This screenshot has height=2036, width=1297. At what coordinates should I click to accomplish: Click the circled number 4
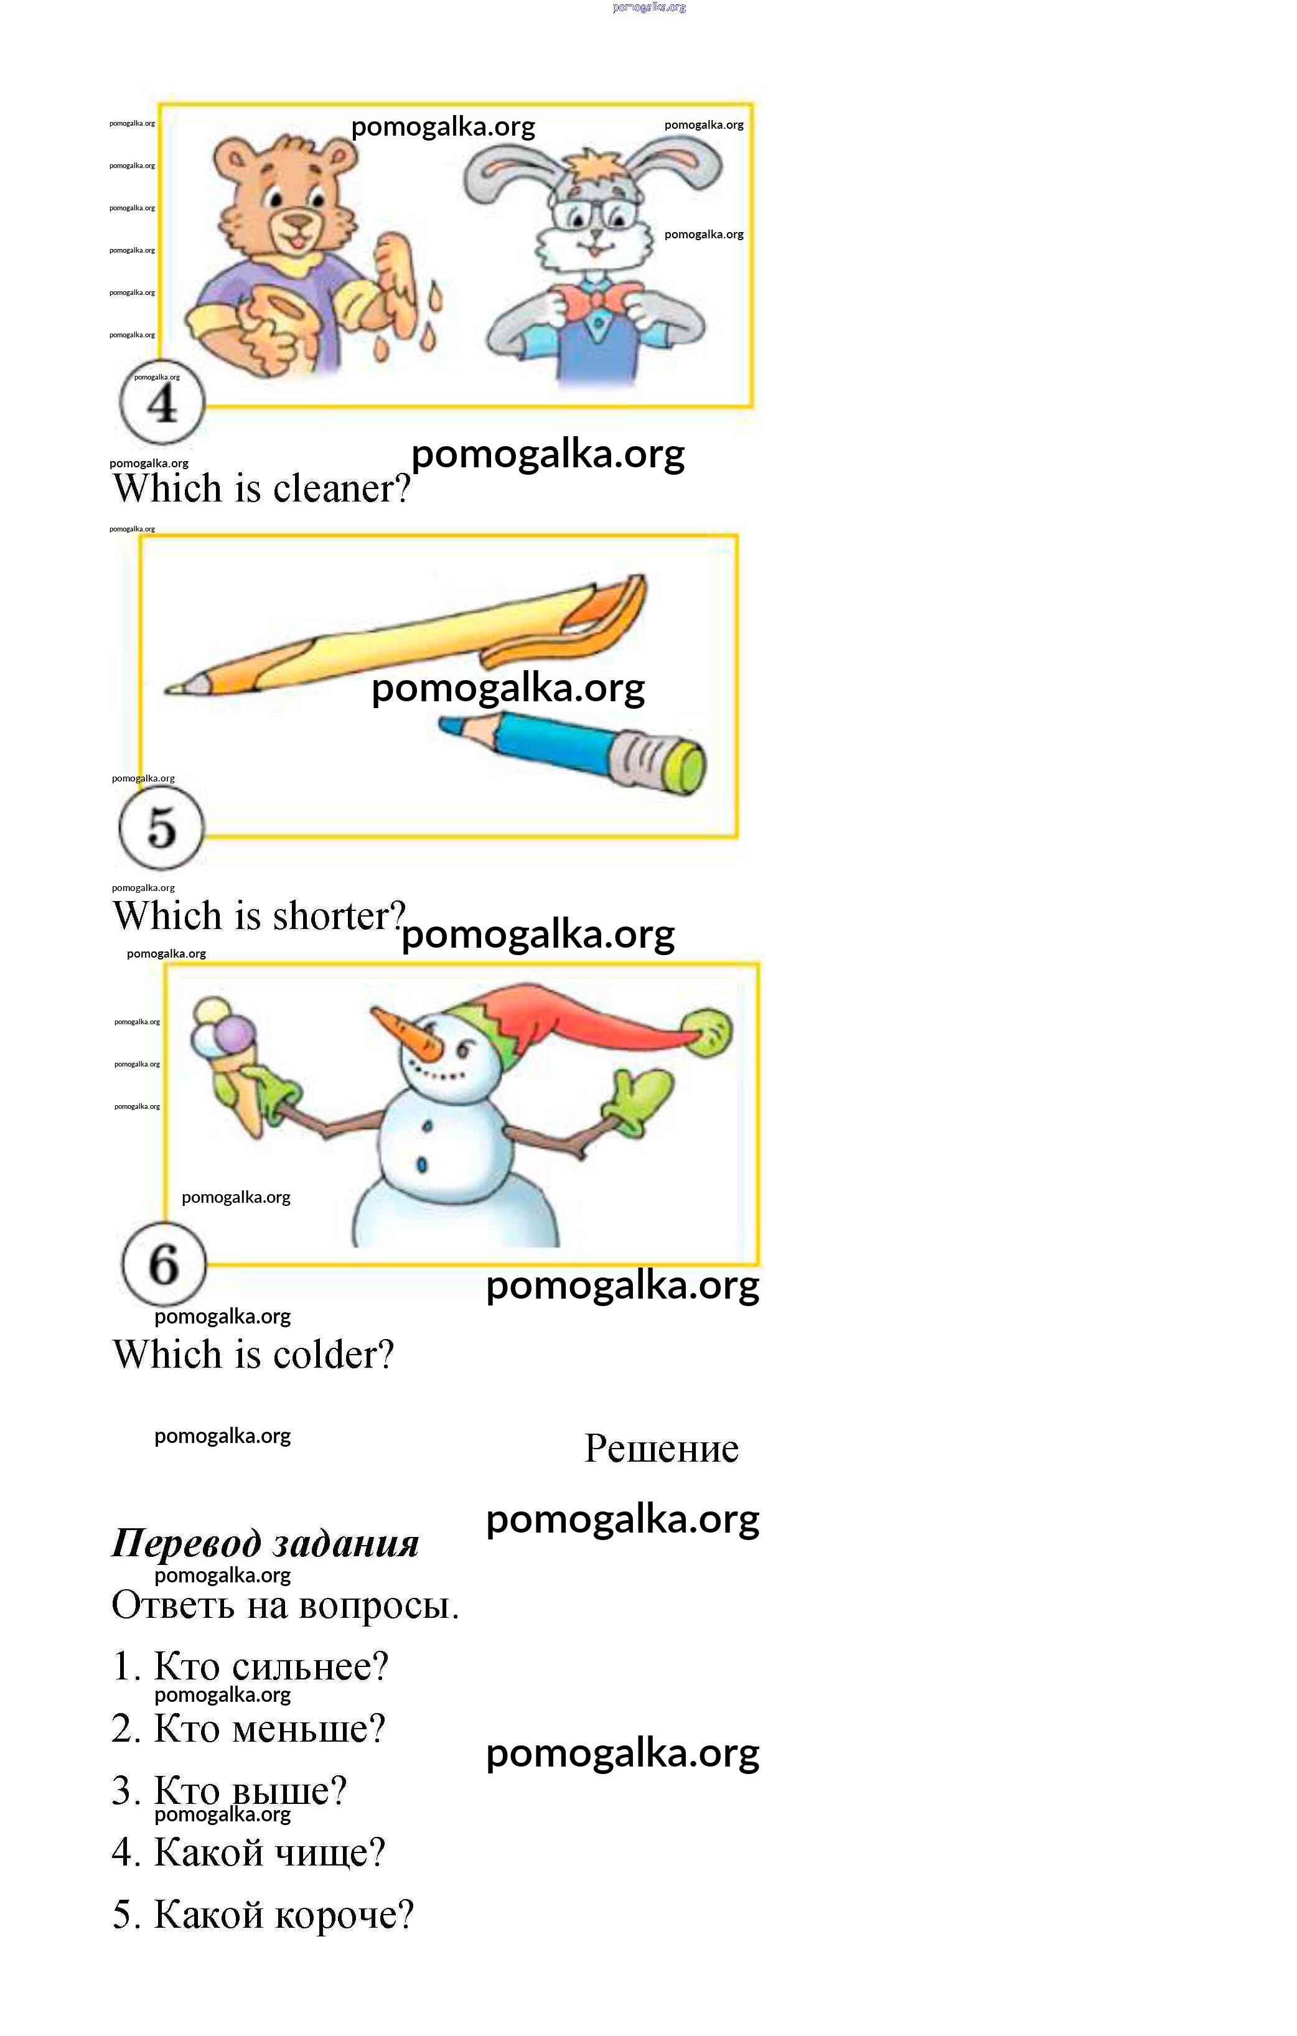tap(161, 403)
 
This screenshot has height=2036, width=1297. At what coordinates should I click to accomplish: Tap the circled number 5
tap(161, 828)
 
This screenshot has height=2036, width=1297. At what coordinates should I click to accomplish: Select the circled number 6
tap(164, 1263)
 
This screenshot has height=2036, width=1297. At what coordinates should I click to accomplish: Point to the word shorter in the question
tap(340, 916)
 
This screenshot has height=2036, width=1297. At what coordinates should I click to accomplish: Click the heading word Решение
tap(662, 1449)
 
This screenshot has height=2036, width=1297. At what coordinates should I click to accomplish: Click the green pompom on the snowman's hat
tap(708, 1032)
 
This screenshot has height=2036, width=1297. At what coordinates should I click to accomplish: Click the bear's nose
tap(297, 222)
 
